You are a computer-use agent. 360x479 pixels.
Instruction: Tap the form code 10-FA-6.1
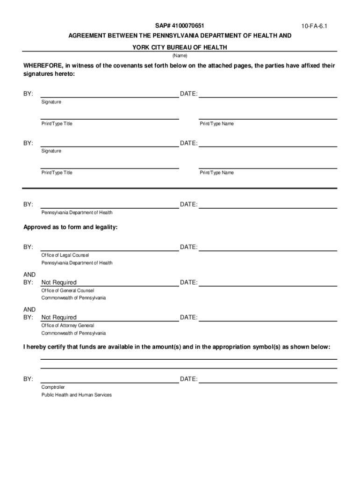314,27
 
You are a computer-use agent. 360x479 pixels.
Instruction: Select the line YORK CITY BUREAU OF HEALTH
180,47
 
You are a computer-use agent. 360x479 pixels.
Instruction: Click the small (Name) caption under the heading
180,55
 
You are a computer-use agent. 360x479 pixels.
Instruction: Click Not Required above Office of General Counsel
59,283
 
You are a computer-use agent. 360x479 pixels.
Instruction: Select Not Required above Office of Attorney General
59,318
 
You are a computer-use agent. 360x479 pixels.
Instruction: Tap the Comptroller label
53,387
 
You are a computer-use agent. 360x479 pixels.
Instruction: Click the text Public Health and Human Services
77,395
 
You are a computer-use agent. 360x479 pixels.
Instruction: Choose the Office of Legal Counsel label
65,255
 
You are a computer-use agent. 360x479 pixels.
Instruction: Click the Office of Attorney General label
68,326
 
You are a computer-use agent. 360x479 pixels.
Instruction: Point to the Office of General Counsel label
68,290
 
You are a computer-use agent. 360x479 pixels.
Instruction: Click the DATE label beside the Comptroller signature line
188,379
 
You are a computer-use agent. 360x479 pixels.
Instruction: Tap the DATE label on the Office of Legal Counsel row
188,247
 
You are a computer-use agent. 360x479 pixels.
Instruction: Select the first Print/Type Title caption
57,124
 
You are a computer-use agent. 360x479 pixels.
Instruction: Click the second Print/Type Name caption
216,173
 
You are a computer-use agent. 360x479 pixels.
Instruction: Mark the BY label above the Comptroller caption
28,379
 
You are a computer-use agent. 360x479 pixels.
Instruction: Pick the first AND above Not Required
29,275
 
